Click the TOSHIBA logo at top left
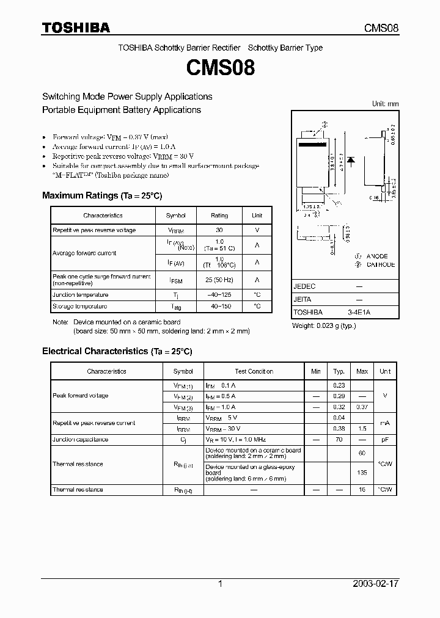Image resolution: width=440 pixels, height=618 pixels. point(76,27)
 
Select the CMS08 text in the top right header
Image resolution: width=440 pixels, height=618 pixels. point(381,28)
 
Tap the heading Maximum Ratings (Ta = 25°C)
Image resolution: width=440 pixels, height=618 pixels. point(101,195)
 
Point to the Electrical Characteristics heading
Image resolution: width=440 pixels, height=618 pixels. point(117,351)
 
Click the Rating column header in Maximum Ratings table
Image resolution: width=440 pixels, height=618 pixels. point(219,216)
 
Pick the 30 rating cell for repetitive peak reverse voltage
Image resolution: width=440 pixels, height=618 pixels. point(219,230)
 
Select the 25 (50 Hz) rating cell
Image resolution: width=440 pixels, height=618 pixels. point(219,280)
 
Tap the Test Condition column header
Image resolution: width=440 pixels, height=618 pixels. point(254,371)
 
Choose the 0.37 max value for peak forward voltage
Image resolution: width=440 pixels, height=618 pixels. point(362,407)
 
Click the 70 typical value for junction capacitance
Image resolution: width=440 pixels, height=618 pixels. point(339,439)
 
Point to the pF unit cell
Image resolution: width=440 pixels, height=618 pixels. point(384,439)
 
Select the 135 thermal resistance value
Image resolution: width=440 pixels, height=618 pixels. point(362,472)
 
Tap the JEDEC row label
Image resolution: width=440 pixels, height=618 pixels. point(304,286)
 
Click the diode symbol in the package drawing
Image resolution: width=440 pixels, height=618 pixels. point(351,160)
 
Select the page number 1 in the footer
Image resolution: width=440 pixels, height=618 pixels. point(220,584)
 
